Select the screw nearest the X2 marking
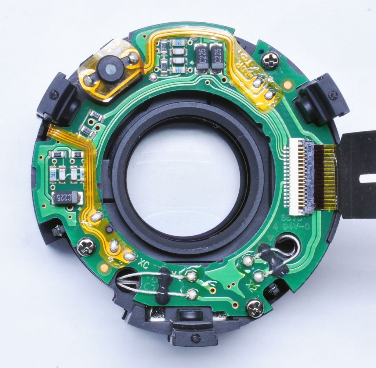point(255,307)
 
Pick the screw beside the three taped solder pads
point(86,247)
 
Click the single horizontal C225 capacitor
point(66,198)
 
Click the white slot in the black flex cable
point(368,179)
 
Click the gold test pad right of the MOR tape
point(288,85)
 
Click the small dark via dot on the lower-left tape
point(109,230)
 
